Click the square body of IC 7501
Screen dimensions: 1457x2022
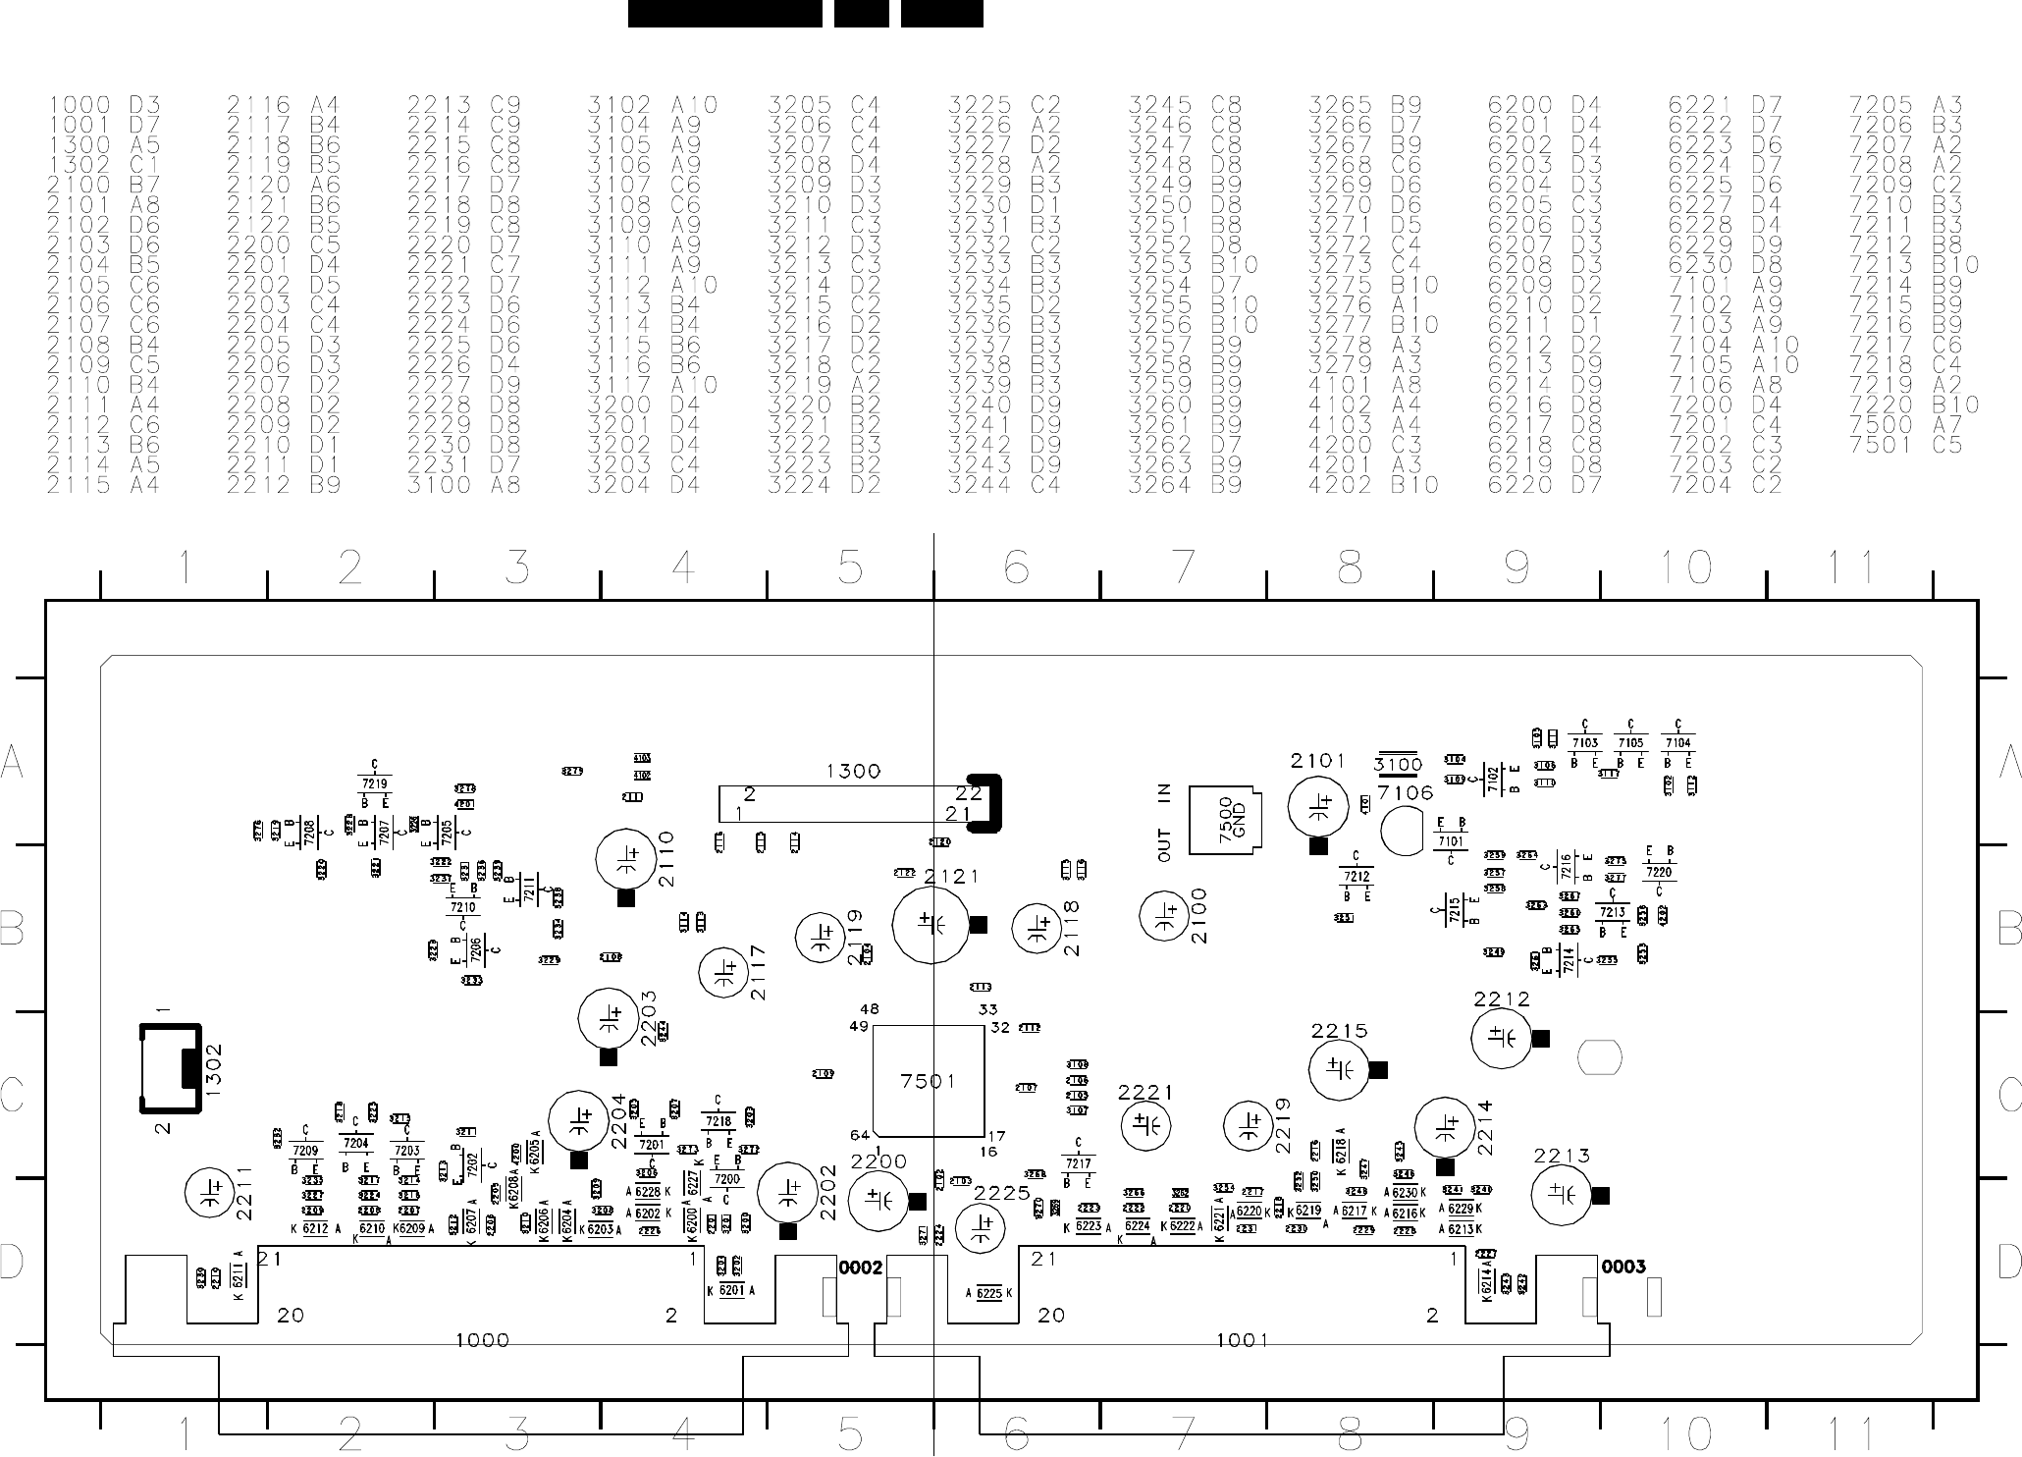tap(928, 1080)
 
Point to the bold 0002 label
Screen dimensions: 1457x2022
tap(861, 1268)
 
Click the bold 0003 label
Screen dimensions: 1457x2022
tap(1623, 1267)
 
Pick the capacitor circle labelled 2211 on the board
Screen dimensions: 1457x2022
tap(210, 1191)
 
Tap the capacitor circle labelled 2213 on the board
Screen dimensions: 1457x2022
tap(1559, 1195)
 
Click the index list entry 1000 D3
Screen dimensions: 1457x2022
tap(104, 105)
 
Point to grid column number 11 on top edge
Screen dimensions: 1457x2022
tap(1851, 567)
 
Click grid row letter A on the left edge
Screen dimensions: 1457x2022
tap(13, 761)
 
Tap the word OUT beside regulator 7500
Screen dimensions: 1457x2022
tap(1164, 845)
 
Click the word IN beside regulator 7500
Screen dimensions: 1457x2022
tap(1164, 793)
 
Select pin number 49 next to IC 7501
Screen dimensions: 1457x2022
tap(859, 1027)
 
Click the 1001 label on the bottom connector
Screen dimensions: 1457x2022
tap(1242, 1340)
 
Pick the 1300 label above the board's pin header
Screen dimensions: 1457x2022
tap(853, 772)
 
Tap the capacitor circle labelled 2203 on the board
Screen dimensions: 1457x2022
tap(608, 1018)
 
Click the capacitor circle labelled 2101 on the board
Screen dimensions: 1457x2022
tap(1317, 808)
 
